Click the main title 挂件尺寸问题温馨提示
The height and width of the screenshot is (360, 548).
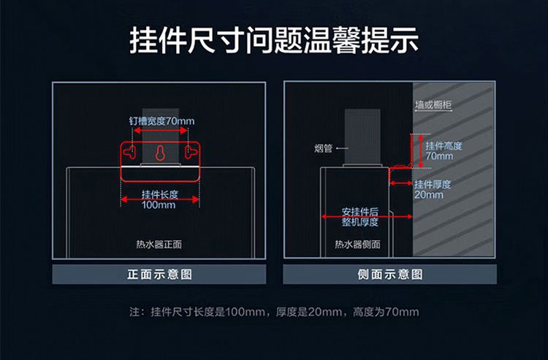274,42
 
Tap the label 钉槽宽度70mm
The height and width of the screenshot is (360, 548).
159,120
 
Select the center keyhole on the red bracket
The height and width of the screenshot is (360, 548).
159,153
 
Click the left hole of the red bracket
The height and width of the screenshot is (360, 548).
129,152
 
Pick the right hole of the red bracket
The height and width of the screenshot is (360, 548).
190,152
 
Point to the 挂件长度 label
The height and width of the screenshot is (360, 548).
159,195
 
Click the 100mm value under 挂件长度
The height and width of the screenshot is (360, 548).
159,205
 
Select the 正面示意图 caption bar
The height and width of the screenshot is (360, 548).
159,275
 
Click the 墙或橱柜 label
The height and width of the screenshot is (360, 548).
433,105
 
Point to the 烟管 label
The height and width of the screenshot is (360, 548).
324,149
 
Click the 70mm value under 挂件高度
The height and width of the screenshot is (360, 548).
439,156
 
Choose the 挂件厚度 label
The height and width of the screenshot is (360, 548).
433,185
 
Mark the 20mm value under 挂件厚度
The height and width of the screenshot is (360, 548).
429,195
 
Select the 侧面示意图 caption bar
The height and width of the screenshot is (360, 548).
390,275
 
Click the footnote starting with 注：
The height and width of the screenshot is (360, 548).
274,313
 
